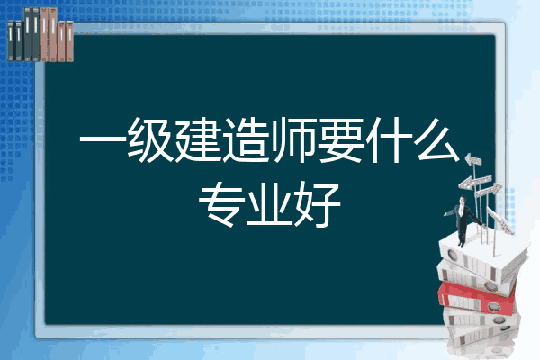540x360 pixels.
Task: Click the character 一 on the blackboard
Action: click(x=103, y=140)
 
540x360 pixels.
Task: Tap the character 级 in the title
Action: click(x=150, y=140)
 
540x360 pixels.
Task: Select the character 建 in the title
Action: click(x=198, y=140)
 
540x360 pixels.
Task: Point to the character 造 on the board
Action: click(x=245, y=140)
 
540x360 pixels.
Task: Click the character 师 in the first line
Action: click(x=292, y=140)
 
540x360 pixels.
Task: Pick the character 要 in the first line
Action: click(x=341, y=140)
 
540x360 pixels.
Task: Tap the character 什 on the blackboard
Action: click(x=389, y=140)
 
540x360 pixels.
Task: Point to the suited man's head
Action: click(x=463, y=200)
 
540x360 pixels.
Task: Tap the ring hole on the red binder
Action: click(x=493, y=306)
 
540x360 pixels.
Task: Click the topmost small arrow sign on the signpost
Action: click(x=473, y=160)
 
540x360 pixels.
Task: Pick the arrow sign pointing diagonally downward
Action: click(x=499, y=220)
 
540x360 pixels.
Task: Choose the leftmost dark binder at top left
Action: click(x=11, y=40)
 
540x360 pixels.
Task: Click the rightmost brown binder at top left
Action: click(x=70, y=41)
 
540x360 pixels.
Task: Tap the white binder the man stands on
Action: click(x=483, y=255)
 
